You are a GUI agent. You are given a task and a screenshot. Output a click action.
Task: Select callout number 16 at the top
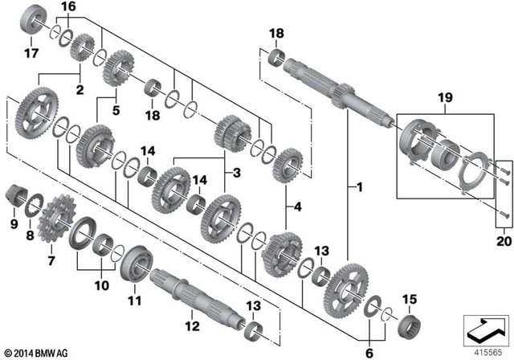point(67,6)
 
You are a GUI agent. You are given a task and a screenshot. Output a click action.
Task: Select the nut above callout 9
point(14,194)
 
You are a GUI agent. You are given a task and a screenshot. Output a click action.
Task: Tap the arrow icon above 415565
point(484,327)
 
